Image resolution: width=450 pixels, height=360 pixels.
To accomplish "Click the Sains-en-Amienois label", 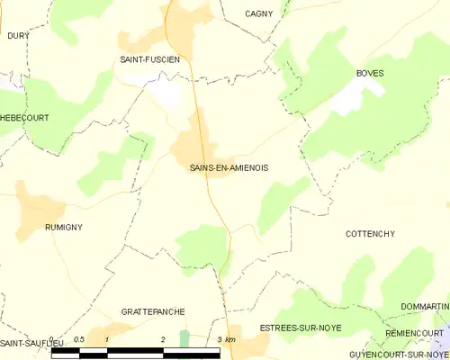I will (229, 167).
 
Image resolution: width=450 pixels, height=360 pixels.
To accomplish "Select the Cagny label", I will (259, 13).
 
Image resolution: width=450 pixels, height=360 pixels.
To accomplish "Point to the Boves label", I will (370, 73).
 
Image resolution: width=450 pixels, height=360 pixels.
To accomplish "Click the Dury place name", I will (18, 35).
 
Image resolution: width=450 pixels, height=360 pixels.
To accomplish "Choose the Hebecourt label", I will (24, 118).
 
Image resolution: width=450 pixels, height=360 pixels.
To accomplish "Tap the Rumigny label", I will (63, 228).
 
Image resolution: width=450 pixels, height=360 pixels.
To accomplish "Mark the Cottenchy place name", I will (370, 234).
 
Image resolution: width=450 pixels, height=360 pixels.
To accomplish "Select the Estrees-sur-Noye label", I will (301, 328).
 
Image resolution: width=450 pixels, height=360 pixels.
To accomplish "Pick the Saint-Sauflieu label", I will (24, 345).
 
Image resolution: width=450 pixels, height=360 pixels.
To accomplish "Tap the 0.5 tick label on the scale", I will (79, 339).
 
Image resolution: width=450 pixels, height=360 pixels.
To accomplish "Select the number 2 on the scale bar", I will (163, 339).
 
